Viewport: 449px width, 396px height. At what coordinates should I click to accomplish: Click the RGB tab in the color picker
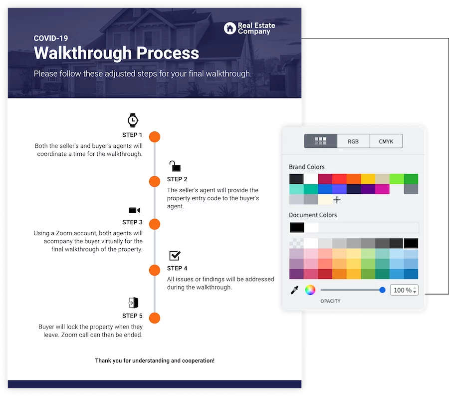(x=353, y=141)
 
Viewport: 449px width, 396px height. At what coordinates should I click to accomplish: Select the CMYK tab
(x=386, y=141)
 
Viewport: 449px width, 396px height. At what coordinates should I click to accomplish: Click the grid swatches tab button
(x=320, y=141)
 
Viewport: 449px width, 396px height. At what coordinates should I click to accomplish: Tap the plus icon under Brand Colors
(x=337, y=200)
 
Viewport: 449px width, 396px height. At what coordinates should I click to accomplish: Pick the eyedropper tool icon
(x=294, y=290)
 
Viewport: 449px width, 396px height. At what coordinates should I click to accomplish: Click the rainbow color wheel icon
(x=310, y=290)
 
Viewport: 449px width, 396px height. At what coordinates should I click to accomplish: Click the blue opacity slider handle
(x=382, y=290)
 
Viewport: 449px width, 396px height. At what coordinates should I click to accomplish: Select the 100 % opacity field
(x=404, y=290)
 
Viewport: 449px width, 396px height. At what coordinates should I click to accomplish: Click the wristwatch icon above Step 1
(x=133, y=120)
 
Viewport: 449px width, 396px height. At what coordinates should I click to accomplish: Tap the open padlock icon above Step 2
(x=175, y=166)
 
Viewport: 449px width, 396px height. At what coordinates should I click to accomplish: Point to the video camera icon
(x=134, y=210)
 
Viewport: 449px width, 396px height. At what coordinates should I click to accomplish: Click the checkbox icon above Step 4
(x=175, y=255)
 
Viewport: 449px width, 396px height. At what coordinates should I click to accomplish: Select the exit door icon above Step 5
(x=133, y=303)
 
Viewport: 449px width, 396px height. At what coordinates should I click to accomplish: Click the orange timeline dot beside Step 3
(x=155, y=224)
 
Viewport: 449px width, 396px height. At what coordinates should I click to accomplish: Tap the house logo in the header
(x=229, y=28)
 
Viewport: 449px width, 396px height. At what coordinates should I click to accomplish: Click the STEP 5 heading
(x=132, y=316)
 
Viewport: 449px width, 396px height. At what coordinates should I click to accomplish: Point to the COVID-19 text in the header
(x=51, y=38)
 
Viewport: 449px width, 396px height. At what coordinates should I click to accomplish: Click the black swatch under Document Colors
(x=297, y=228)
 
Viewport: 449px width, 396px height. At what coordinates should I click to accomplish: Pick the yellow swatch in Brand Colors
(x=368, y=179)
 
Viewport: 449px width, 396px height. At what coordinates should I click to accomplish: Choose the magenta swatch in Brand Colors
(x=382, y=189)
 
